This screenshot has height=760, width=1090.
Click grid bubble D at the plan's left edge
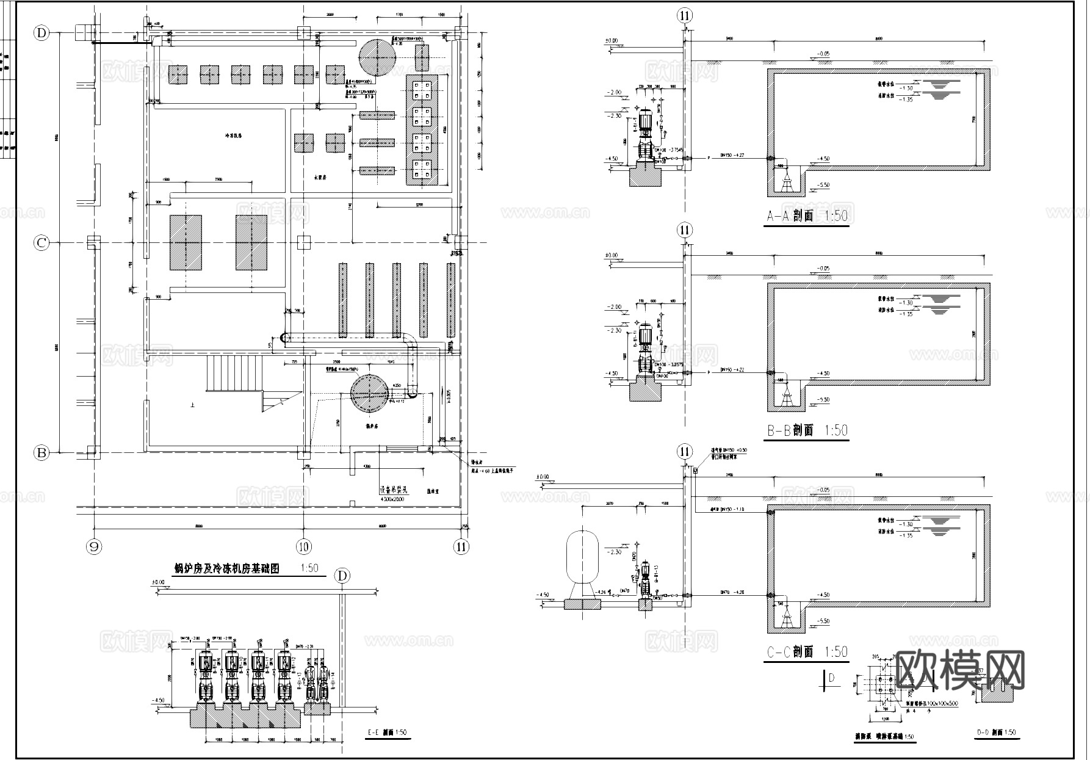click(42, 33)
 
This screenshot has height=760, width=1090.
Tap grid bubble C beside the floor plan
click(42, 243)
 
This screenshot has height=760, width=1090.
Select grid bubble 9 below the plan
click(95, 546)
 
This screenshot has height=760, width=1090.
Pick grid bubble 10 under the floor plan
click(303, 546)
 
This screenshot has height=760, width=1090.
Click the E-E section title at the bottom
click(388, 733)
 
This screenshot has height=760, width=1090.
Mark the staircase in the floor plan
click(235, 374)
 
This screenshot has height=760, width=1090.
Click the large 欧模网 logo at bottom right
click(961, 670)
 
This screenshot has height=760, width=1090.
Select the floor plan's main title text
click(227, 568)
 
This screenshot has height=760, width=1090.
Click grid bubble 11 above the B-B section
click(685, 230)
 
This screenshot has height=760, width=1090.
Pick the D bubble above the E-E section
click(342, 576)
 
